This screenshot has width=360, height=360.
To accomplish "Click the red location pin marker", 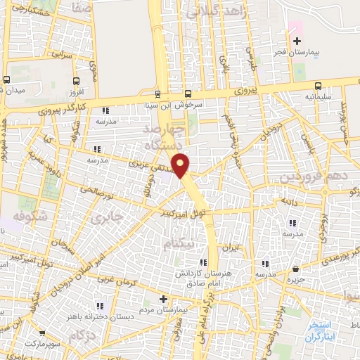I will pyautogui.click(x=181, y=165).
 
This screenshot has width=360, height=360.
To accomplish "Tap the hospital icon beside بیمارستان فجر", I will pyautogui.click(x=297, y=42).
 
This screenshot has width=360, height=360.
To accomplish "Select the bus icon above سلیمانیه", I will pyautogui.click(x=309, y=81).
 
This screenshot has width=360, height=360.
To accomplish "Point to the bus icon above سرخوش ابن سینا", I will pyautogui.click(x=188, y=94).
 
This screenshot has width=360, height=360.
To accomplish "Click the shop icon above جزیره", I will pyautogui.click(x=296, y=269).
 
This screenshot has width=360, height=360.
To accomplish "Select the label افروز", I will pyautogui.click(x=76, y=93).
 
